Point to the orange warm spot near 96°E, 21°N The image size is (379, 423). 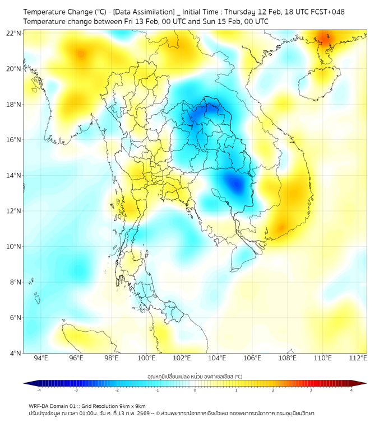pyautogui.click(x=81, y=54)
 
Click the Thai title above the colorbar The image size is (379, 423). pyautogui.click(x=195, y=376)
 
